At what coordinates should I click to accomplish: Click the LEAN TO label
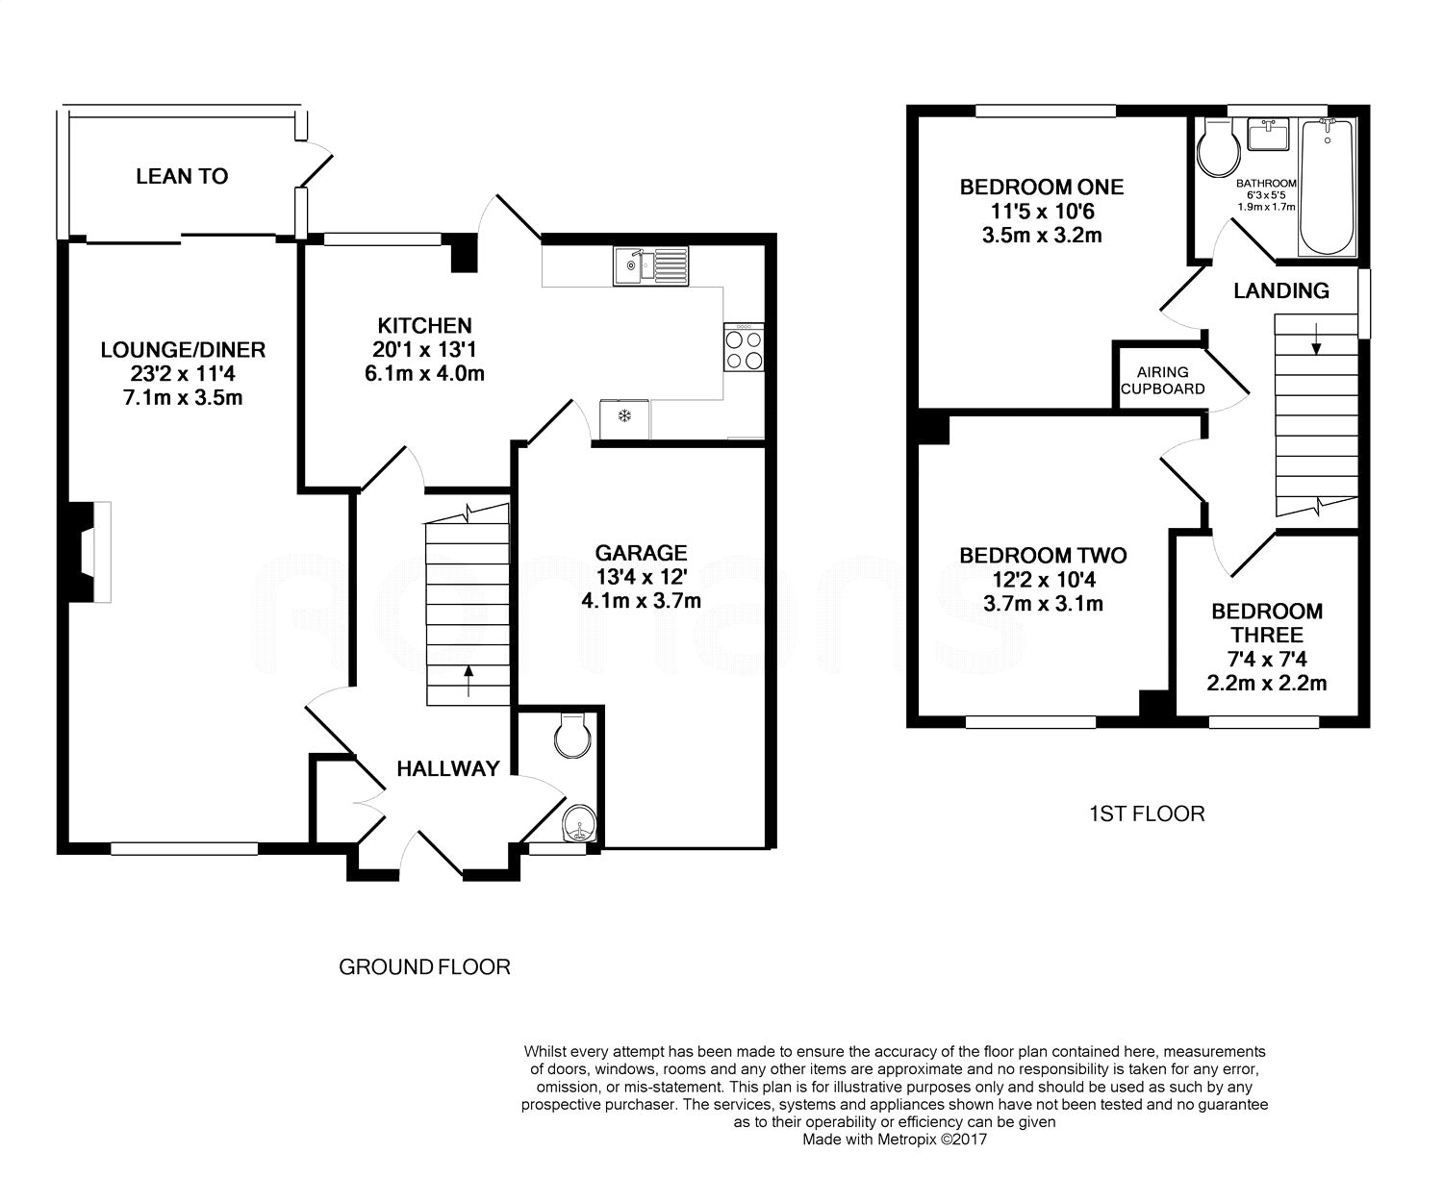click(182, 176)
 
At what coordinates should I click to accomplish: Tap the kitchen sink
click(650, 266)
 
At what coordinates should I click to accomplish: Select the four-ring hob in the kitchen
click(745, 347)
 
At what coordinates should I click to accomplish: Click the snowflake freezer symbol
click(624, 415)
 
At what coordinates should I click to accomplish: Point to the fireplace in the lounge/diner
click(89, 551)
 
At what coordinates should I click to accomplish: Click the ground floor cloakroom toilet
click(573, 737)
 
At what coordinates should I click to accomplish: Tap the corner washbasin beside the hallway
click(579, 823)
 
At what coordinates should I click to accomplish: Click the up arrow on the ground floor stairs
click(468, 681)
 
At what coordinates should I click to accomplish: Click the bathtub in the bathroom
click(1327, 188)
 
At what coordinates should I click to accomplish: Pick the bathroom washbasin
click(1268, 134)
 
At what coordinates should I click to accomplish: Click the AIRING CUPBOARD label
click(1162, 381)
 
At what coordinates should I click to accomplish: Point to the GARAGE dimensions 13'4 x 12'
click(642, 577)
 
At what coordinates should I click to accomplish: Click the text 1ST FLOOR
click(1148, 814)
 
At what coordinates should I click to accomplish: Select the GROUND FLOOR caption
click(424, 967)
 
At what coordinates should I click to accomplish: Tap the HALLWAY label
click(448, 768)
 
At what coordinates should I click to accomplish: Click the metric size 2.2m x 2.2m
click(1267, 683)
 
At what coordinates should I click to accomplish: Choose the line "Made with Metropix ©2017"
click(895, 1139)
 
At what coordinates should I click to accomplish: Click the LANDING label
click(1281, 290)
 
